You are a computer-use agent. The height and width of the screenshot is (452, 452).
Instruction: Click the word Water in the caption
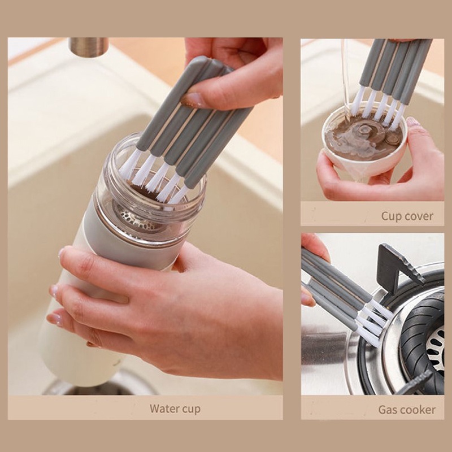[x=162, y=408]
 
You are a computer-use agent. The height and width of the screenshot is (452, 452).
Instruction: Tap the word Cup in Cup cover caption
[x=391, y=216]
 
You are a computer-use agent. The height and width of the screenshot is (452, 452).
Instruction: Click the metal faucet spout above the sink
[x=89, y=47]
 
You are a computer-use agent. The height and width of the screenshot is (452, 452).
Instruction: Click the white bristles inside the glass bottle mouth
[x=153, y=177]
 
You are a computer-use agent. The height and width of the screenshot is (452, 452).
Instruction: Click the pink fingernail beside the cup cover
[x=414, y=121]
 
